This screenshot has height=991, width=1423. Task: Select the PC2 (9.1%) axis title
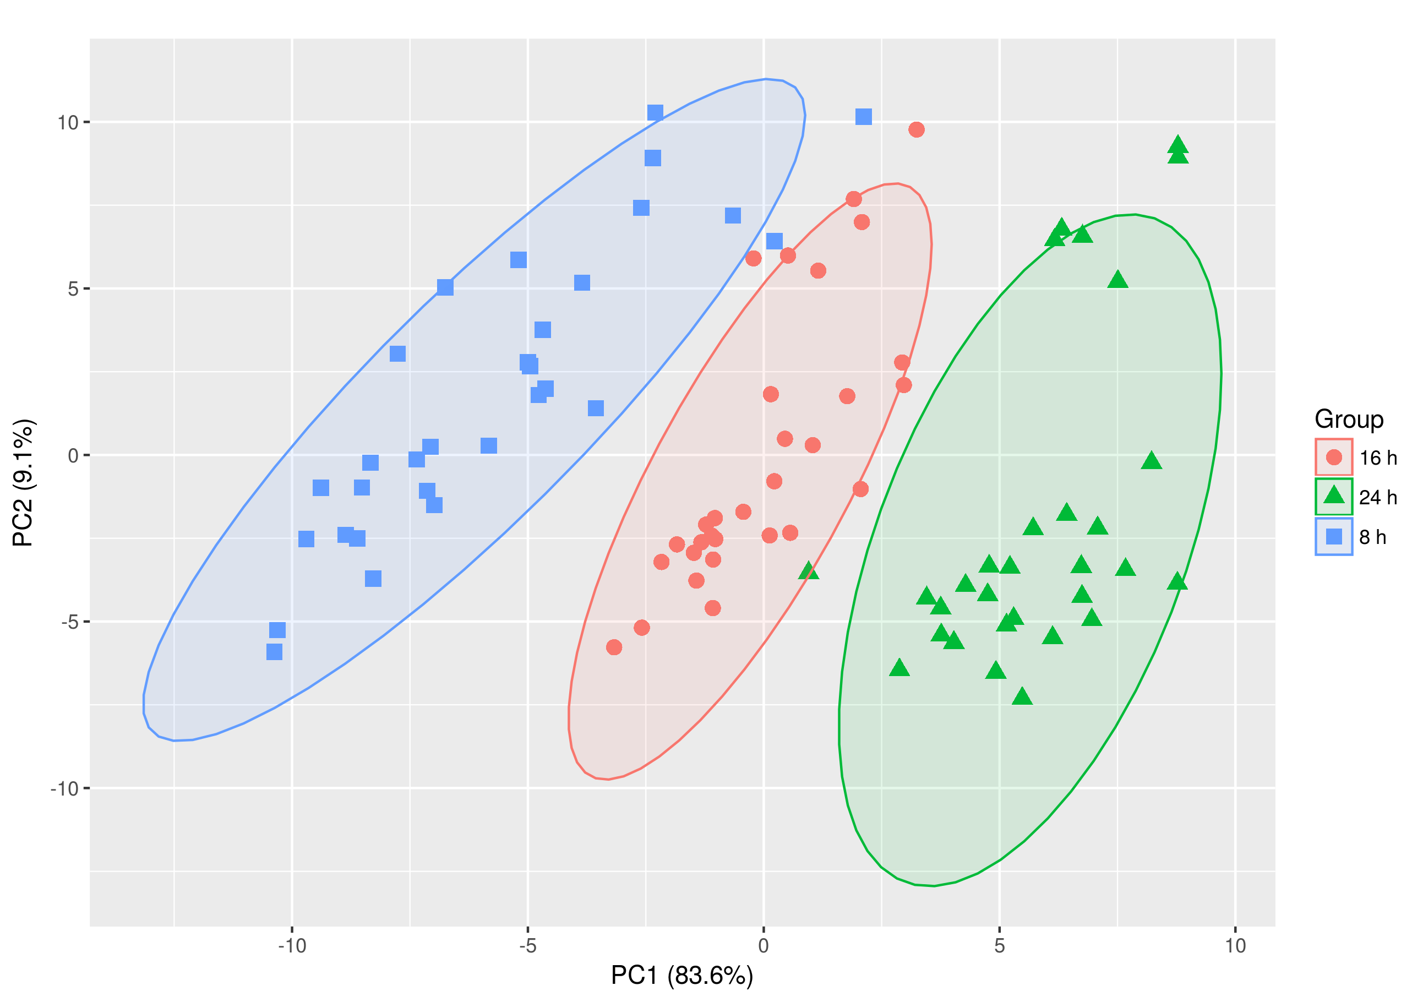24,482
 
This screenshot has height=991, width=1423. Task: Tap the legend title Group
1349,420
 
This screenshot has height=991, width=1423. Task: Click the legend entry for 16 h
1377,458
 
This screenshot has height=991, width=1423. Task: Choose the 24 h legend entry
1377,497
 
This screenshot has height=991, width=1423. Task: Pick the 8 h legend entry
1372,537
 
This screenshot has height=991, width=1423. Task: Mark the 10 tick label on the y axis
68,122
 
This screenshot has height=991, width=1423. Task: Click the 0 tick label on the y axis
73,455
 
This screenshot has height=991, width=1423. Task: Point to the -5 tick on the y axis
69,622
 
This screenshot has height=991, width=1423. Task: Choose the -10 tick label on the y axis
64,788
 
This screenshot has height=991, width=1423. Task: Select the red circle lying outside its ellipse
917,129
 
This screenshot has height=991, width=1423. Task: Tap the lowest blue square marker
274,652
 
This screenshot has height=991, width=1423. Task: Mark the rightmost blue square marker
863,117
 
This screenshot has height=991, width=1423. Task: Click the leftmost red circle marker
614,647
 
